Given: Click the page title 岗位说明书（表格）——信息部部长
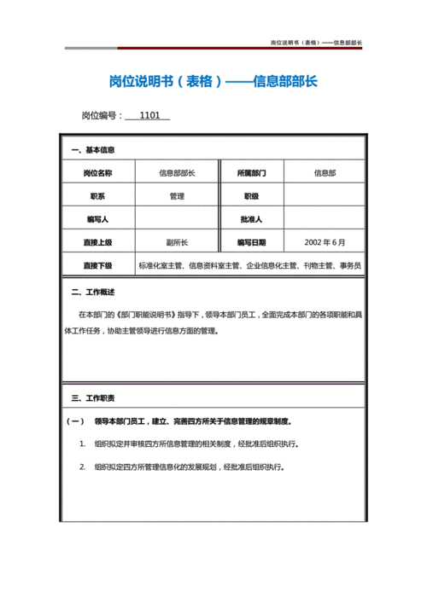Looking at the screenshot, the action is (x=213, y=82).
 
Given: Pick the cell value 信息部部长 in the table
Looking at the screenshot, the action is (x=177, y=173).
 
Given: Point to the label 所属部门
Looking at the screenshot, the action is (x=251, y=173).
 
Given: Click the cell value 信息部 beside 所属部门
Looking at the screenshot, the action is (x=325, y=173).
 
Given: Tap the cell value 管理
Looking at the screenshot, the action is (x=177, y=196).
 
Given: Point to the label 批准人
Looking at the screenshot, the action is (x=251, y=219).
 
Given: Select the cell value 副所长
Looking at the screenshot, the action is (x=177, y=242).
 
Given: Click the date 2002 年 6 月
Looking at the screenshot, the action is (x=325, y=242).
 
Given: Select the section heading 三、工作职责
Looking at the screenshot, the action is (x=93, y=398).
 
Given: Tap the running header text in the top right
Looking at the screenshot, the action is (x=316, y=42).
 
